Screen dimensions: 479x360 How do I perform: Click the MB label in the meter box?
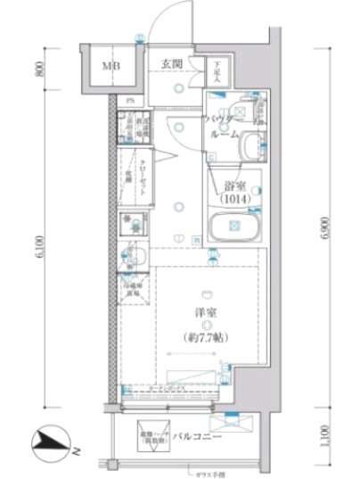click(x=110, y=65)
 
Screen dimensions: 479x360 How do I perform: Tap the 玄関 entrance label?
click(x=172, y=63)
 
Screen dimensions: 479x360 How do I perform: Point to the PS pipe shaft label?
click(x=129, y=100)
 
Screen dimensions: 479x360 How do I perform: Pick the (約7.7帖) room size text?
click(x=206, y=340)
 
